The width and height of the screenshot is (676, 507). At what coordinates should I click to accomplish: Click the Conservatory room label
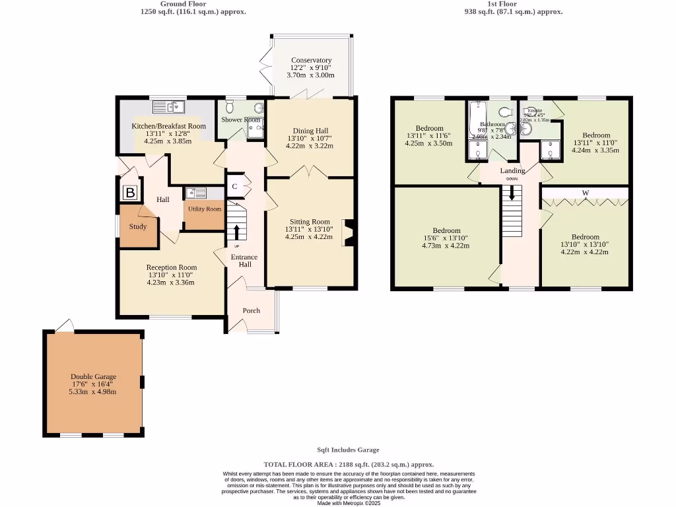click(x=311, y=60)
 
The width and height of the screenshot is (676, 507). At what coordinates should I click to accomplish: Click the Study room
click(x=138, y=226)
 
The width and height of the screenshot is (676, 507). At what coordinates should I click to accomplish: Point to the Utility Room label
click(x=205, y=209)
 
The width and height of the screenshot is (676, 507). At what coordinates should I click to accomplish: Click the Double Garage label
click(x=94, y=377)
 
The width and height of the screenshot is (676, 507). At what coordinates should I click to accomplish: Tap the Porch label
click(x=252, y=310)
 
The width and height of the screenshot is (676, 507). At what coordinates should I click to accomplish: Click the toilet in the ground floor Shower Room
click(x=230, y=107)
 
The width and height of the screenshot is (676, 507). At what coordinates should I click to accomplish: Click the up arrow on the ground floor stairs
click(x=236, y=232)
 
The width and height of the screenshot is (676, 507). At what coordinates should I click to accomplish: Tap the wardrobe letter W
click(x=585, y=193)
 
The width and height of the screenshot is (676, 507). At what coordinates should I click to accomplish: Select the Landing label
click(x=512, y=171)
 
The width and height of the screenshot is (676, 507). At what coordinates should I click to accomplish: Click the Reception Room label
click(x=171, y=267)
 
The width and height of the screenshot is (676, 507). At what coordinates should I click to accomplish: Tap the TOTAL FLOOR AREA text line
click(x=349, y=465)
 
